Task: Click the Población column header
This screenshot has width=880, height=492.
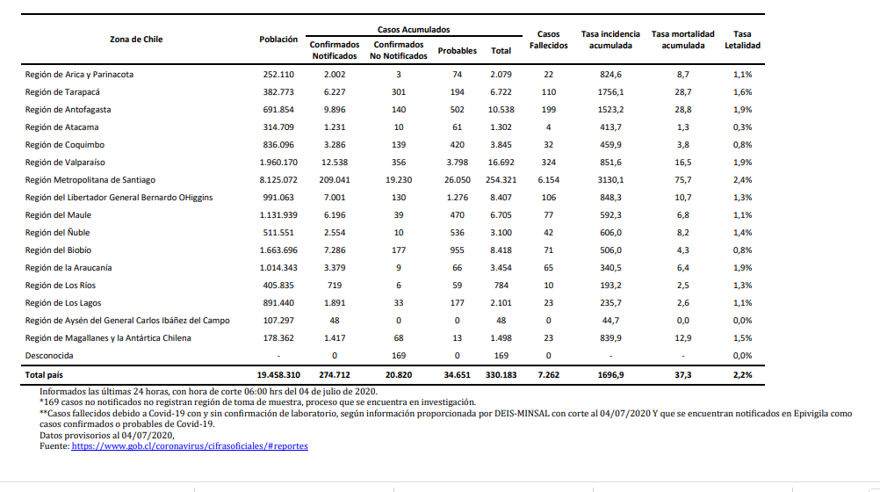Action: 278,40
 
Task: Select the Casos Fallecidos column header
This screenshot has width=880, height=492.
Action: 548,40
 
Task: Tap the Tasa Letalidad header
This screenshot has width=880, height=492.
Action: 742,40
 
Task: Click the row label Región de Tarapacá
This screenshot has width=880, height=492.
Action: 62,92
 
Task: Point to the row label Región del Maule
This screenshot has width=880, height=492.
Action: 58,215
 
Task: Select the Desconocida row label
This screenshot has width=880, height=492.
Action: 49,356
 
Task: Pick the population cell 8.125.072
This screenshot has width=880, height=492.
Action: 278,180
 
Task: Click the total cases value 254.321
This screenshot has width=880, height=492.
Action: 501,180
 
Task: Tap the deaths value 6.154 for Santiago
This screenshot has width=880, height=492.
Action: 548,180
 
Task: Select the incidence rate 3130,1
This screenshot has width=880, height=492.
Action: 610,180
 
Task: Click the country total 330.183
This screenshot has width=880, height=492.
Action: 501,374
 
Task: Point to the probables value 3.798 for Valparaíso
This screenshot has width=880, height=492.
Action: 457,163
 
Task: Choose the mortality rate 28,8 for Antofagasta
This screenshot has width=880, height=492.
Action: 683,110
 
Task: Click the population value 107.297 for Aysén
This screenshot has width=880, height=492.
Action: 278,320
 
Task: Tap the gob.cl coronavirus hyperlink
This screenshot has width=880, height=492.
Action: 190,446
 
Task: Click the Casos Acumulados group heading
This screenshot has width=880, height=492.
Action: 414,30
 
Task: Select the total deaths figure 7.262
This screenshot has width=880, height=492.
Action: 548,374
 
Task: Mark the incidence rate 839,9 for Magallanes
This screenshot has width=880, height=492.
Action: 610,338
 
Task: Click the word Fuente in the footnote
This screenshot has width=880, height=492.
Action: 54,446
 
